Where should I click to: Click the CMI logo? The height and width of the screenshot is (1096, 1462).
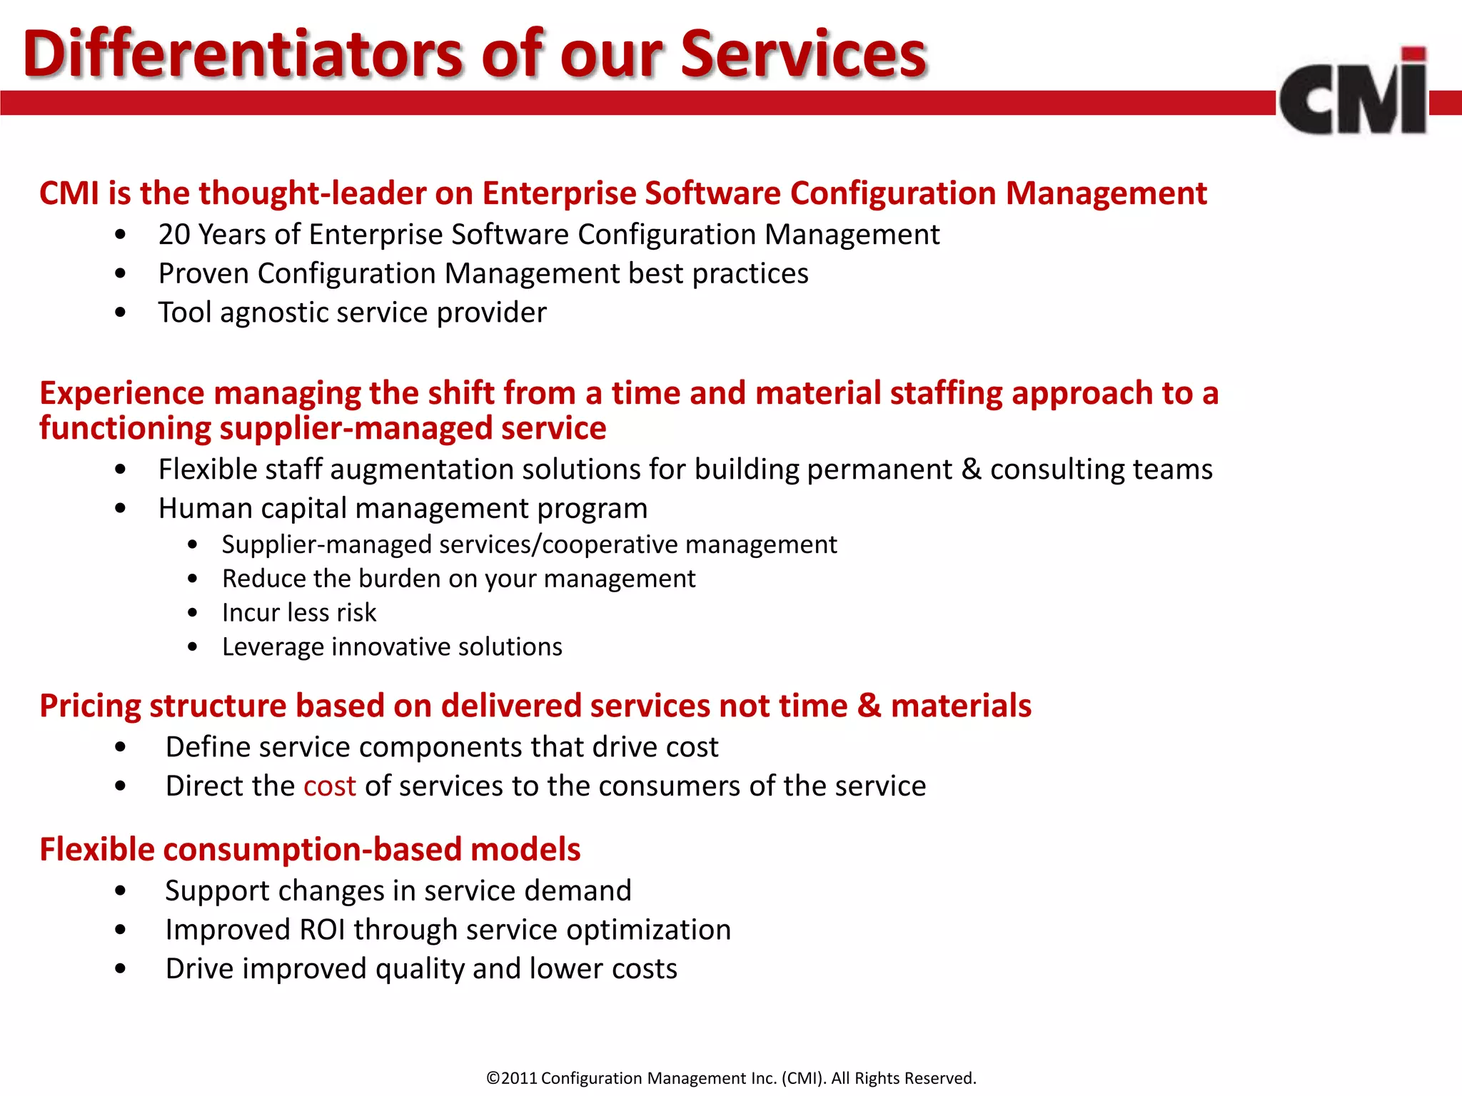pos(1353,93)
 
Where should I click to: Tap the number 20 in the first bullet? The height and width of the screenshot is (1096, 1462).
pos(173,235)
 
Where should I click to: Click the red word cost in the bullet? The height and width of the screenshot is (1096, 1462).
pos(329,786)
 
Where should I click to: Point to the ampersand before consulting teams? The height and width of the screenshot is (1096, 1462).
pos(971,470)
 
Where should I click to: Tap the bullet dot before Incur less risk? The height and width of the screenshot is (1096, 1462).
pos(193,613)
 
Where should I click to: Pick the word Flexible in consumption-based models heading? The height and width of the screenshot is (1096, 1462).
pos(96,850)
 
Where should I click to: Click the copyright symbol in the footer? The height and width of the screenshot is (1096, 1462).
pos(493,1078)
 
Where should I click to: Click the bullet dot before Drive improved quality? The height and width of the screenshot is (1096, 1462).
pos(120,969)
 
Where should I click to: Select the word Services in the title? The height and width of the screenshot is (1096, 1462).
pos(802,54)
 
